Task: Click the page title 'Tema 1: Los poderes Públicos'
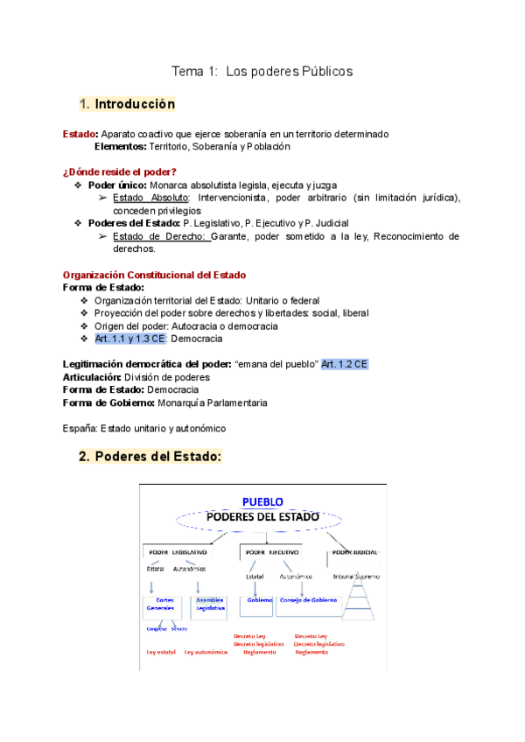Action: pyautogui.click(x=262, y=71)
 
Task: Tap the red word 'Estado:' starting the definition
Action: pyautogui.click(x=80, y=134)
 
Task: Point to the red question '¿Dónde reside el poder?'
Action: pyautogui.click(x=119, y=171)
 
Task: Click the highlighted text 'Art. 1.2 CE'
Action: pyautogui.click(x=345, y=363)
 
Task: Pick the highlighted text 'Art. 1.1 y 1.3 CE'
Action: pyautogui.click(x=129, y=338)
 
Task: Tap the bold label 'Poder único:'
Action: pyautogui.click(x=118, y=185)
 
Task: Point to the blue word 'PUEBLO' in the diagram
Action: pyautogui.click(x=262, y=501)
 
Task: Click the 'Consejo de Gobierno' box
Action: pyautogui.click(x=309, y=601)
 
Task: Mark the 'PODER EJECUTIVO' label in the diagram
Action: pyautogui.click(x=272, y=553)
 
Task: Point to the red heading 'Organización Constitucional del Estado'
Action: pyautogui.click(x=155, y=275)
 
